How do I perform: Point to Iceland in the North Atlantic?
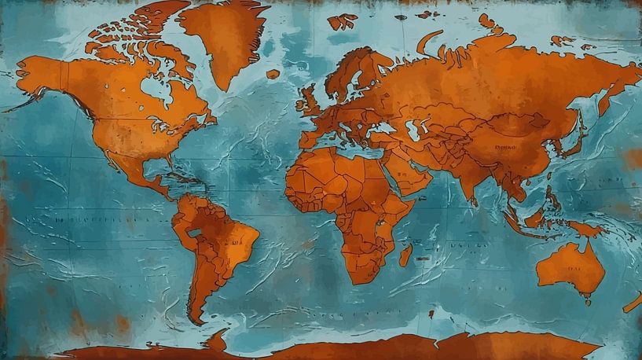click(273, 74)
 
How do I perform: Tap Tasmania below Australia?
click(587, 299)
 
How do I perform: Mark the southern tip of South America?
click(196, 320)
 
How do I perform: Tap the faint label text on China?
click(507, 147)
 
